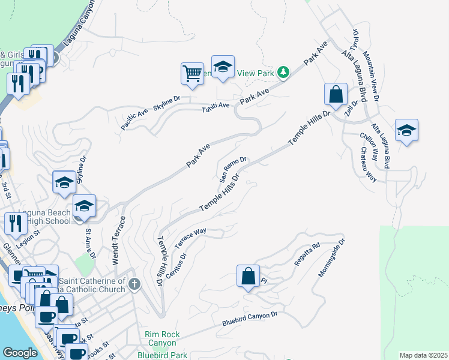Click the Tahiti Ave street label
tap(215, 106)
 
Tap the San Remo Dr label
tap(233, 169)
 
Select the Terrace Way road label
tap(190, 238)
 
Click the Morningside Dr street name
tap(333, 259)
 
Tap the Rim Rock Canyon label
tap(161, 338)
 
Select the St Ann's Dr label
tap(90, 243)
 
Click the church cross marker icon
tap(135, 284)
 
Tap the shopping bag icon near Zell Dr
tap(336, 95)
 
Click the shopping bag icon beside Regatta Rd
tap(248, 277)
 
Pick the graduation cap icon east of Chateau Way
tap(406, 131)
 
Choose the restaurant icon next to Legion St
tap(14, 224)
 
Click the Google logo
tap(20, 353)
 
